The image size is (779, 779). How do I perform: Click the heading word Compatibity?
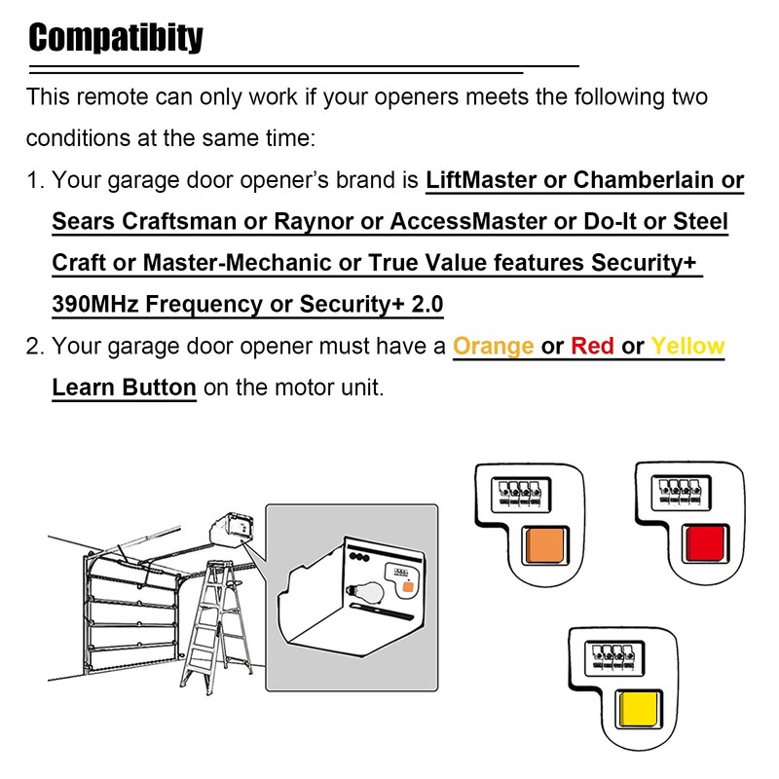(116, 38)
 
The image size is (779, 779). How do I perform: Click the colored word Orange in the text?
(494, 347)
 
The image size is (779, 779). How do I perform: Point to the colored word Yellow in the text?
(687, 347)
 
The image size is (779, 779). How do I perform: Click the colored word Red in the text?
(592, 347)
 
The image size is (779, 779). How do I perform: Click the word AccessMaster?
(468, 222)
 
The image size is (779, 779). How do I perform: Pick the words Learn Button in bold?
(124, 388)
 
